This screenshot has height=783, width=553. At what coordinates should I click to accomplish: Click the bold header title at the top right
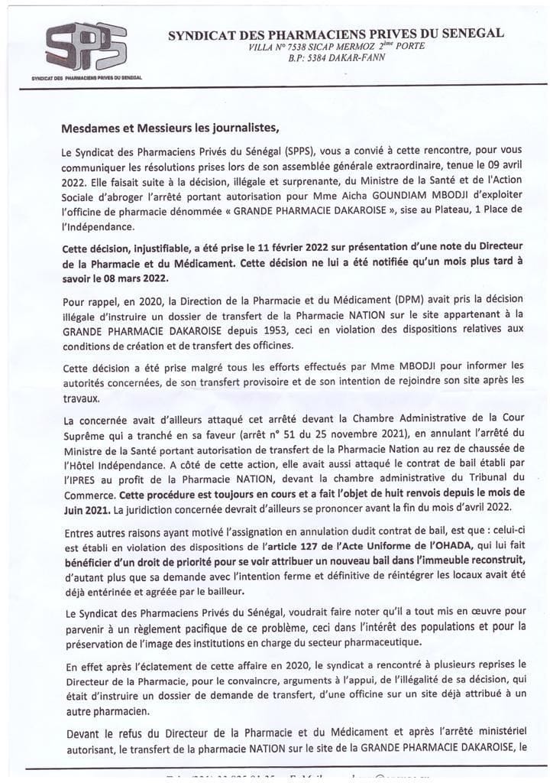[335, 34]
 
